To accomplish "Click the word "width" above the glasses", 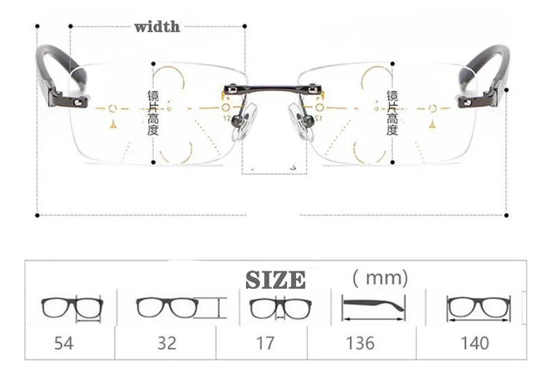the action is click(x=156, y=27).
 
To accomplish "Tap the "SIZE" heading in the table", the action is click(x=275, y=280).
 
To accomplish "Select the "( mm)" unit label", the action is click(x=379, y=278).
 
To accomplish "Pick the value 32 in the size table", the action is click(x=167, y=342).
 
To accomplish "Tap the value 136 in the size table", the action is click(x=359, y=342).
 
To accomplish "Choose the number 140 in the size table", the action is click(x=474, y=342).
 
